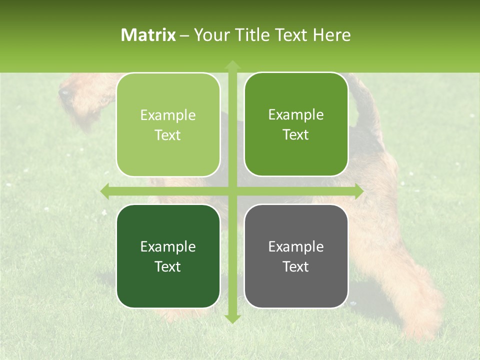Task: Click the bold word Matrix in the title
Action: pos(148,35)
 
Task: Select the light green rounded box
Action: pos(168,125)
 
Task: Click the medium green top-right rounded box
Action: pos(296,124)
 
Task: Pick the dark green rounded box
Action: pos(168,256)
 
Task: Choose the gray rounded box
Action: pos(296,256)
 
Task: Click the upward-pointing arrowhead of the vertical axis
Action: pos(232,64)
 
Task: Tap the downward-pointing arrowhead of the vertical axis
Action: pos(232,318)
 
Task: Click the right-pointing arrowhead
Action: pos(359,191)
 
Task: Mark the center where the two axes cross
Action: pos(232,191)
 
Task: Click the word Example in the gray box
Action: pos(296,246)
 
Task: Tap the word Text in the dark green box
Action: pos(167,266)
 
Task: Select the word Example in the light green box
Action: pos(168,115)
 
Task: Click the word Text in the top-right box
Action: pos(295,135)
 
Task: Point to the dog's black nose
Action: pos(64,92)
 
